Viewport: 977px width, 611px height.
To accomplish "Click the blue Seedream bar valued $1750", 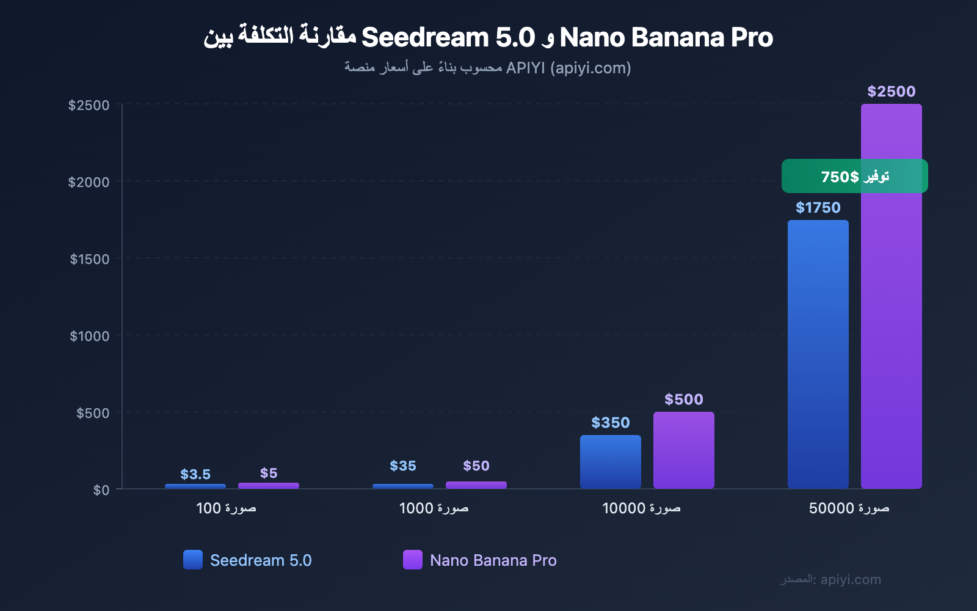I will [818, 354].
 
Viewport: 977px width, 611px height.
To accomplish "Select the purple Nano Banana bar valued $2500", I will [891, 330].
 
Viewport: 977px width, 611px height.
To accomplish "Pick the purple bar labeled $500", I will [683, 450].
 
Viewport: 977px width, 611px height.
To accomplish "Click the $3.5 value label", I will [195, 474].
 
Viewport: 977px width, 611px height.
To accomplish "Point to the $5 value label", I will [269, 473].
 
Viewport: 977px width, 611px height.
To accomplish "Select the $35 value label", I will [403, 466].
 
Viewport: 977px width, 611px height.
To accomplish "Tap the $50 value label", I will [476, 466].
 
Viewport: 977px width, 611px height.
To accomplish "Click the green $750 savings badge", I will [854, 176].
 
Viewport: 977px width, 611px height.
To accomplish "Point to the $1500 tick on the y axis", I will [90, 259].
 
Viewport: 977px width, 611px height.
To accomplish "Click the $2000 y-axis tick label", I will [89, 182].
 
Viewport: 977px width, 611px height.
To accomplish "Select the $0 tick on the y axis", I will [101, 490].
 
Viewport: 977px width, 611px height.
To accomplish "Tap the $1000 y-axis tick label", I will [90, 336].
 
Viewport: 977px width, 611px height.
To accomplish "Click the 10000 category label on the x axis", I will [641, 508].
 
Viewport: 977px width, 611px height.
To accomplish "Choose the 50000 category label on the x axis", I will [849, 508].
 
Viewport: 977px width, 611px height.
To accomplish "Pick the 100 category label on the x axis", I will [226, 508].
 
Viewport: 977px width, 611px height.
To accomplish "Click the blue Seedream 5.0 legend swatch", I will [193, 560].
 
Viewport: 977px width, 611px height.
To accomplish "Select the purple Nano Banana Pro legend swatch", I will [413, 560].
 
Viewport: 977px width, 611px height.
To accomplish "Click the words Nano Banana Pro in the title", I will [666, 37].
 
